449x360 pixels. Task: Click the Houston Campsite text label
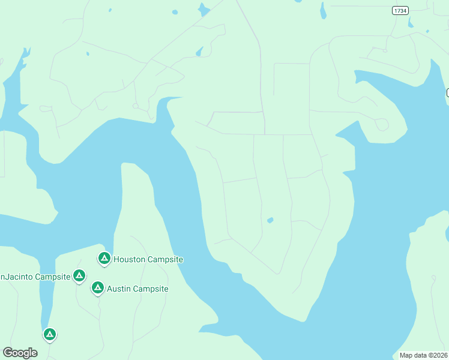[x=148, y=259]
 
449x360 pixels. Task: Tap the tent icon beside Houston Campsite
[x=104, y=258]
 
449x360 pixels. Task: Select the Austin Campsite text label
[x=137, y=289]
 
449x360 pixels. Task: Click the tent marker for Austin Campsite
[x=97, y=288]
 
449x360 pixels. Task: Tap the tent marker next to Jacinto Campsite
[x=79, y=275]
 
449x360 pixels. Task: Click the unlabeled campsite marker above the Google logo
[x=50, y=334]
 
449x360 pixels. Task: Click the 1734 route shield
[x=400, y=10]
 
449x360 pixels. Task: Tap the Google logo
[x=20, y=353]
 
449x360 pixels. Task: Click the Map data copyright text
[x=424, y=355]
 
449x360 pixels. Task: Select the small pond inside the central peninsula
[x=270, y=220]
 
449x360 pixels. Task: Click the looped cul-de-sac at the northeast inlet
[x=382, y=124]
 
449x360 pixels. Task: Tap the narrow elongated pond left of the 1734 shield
[x=323, y=10]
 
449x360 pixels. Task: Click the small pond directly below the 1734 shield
[x=411, y=25]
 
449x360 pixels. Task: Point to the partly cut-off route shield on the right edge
[x=447, y=92]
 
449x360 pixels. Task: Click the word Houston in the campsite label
[x=130, y=259]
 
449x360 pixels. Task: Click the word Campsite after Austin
[x=151, y=289]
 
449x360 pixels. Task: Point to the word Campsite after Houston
[x=166, y=259]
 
